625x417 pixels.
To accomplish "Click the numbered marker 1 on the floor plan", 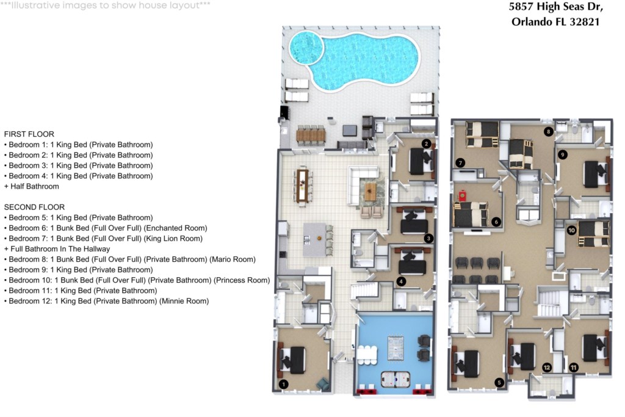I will [x=283, y=384].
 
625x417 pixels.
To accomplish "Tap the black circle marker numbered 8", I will [x=549, y=131].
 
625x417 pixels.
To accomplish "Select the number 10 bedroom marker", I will [x=571, y=230].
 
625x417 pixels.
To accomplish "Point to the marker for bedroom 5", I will [x=499, y=383].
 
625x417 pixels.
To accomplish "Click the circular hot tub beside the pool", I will [x=306, y=47].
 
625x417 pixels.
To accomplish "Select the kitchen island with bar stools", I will [x=315, y=239].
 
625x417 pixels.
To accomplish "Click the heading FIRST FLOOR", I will [x=29, y=134].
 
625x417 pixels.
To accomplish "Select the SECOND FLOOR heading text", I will [x=34, y=207].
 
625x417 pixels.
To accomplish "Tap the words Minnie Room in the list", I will [x=184, y=301].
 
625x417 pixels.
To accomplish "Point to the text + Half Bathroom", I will [x=32, y=186].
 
